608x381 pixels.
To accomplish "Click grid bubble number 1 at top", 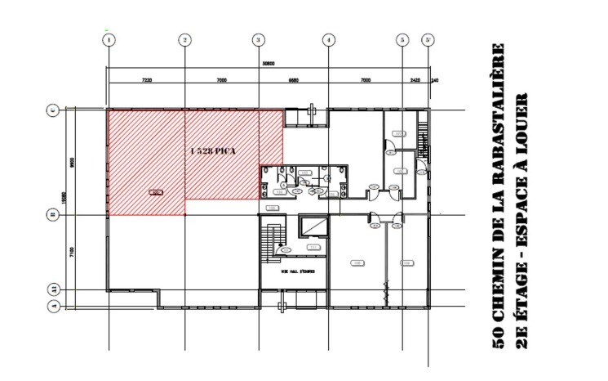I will point(109,39).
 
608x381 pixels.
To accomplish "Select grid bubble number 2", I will point(185,39).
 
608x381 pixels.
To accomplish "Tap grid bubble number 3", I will point(259,39).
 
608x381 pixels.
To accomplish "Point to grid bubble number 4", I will point(328,39).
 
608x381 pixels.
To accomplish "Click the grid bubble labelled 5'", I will point(427,39).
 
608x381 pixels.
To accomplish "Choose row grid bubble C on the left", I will point(53,110).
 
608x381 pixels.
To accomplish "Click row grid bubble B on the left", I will point(53,215).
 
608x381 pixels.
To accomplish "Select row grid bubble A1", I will point(53,289).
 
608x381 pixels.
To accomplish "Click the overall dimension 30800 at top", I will point(268,64).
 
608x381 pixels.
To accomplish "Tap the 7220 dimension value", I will point(147,80).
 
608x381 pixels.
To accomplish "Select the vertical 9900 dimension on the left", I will point(72,162).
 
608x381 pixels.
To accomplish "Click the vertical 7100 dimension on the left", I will point(72,253).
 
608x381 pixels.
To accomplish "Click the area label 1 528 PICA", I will point(212,152).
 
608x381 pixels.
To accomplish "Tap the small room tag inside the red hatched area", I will point(154,192).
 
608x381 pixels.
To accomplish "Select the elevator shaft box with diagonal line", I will point(313,226).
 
